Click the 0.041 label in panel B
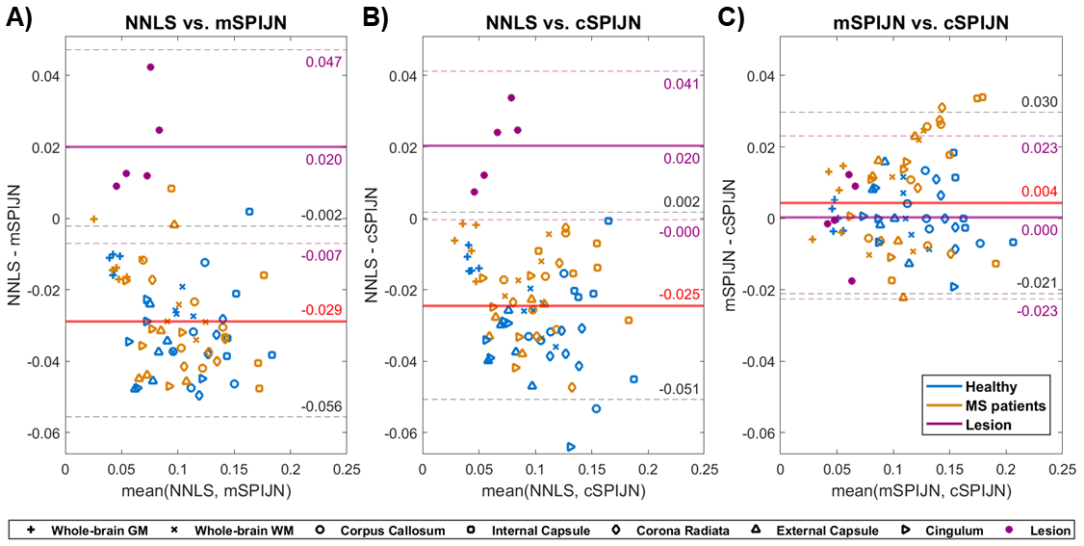pyautogui.click(x=678, y=84)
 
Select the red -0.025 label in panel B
pyautogui.click(x=678, y=294)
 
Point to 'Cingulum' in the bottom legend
pyautogui.click(x=957, y=530)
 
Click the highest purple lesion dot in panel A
pyautogui.click(x=150, y=67)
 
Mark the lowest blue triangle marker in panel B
pyautogui.click(x=531, y=386)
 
